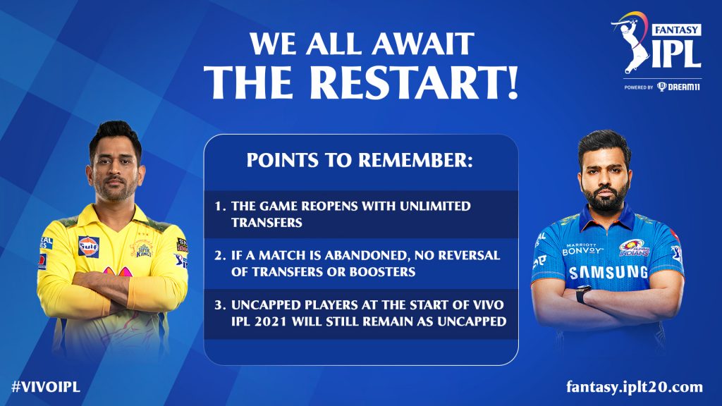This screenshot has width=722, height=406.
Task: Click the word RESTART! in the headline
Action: (x=414, y=82)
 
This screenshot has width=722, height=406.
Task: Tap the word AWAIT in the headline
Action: (x=423, y=44)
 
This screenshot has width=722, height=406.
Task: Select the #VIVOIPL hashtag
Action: (x=46, y=387)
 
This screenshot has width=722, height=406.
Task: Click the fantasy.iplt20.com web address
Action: (x=635, y=387)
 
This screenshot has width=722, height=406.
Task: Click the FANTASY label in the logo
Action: (x=676, y=30)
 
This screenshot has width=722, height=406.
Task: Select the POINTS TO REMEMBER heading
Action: (x=360, y=160)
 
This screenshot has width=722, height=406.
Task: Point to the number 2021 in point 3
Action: (x=271, y=321)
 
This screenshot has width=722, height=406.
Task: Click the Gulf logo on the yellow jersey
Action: (x=88, y=247)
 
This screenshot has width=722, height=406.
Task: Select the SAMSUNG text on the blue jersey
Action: (x=608, y=273)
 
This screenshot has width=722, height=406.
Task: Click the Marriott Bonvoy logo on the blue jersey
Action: (x=582, y=249)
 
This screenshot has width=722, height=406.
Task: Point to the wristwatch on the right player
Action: (x=583, y=294)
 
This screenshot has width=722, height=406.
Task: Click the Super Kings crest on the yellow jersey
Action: (x=142, y=249)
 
